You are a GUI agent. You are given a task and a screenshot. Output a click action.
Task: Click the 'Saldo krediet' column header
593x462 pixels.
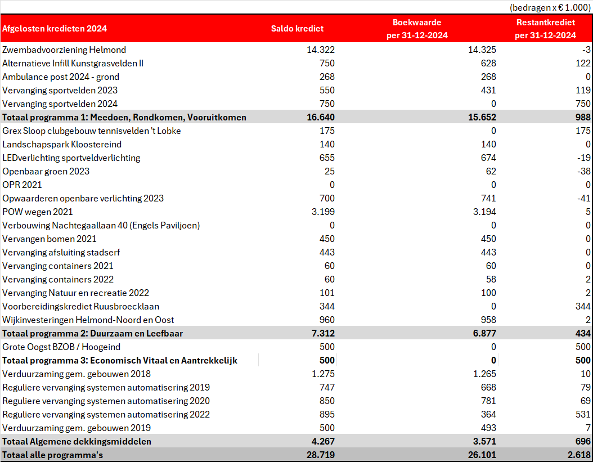click(x=297, y=29)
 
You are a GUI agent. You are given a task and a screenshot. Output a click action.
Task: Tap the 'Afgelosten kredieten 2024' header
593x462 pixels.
click(x=55, y=29)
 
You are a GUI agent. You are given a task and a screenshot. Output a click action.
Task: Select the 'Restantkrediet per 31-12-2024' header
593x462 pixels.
click(x=545, y=29)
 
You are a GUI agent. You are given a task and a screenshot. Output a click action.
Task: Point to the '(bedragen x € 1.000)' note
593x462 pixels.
click(x=550, y=7)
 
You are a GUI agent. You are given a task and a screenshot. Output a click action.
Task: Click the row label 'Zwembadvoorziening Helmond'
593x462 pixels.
click(x=64, y=50)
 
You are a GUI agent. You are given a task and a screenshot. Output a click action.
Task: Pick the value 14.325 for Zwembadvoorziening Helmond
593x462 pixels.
click(x=482, y=50)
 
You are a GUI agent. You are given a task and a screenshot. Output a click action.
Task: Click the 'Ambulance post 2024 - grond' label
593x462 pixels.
click(x=61, y=77)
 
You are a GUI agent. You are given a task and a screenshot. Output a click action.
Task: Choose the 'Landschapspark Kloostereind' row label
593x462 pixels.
click(x=62, y=145)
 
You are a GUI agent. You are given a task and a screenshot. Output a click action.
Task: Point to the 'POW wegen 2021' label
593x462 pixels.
click(x=38, y=212)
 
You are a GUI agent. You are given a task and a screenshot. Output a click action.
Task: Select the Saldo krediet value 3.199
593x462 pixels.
click(x=323, y=212)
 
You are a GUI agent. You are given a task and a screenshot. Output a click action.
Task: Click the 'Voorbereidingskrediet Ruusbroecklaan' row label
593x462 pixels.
click(x=80, y=307)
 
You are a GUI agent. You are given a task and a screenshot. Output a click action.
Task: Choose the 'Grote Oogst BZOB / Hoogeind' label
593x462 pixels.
click(x=61, y=347)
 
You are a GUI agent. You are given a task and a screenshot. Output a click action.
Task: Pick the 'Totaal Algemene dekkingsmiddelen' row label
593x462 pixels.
click(x=77, y=442)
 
